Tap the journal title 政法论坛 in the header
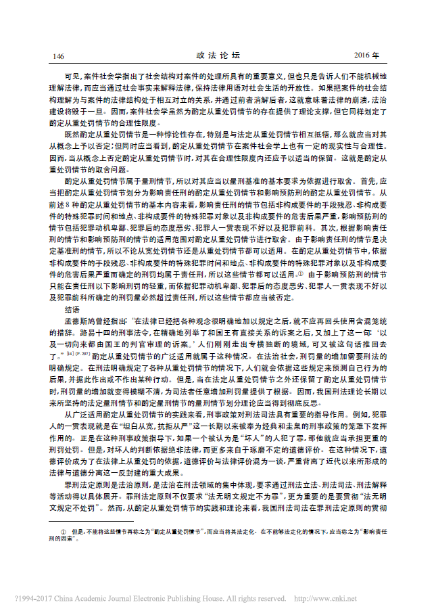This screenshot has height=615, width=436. click(218, 55)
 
